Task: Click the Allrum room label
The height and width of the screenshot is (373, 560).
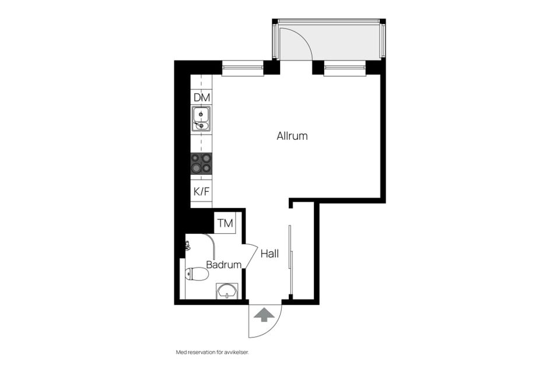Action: pyautogui.click(x=292, y=136)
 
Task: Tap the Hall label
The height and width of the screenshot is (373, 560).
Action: pyautogui.click(x=269, y=254)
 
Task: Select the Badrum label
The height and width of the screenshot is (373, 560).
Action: pyautogui.click(x=224, y=265)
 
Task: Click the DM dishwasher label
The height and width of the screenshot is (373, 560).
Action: pyautogui.click(x=202, y=97)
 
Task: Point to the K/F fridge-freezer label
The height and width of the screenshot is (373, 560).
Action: pyautogui.click(x=201, y=192)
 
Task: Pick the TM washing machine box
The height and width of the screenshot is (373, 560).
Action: pyautogui.click(x=225, y=223)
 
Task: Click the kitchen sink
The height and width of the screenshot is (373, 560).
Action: pyautogui.click(x=201, y=119)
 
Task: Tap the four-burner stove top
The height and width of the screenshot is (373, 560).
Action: pyautogui.click(x=201, y=163)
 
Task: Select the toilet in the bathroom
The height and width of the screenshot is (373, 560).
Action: pyautogui.click(x=197, y=274)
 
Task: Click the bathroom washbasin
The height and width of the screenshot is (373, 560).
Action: pyautogui.click(x=227, y=291)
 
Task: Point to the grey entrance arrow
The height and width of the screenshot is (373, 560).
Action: pyautogui.click(x=264, y=315)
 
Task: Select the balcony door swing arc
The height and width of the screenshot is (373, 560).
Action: pyautogui.click(x=302, y=38)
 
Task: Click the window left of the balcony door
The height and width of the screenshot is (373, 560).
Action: pyautogui.click(x=243, y=69)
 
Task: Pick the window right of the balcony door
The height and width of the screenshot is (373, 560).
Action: pyautogui.click(x=345, y=69)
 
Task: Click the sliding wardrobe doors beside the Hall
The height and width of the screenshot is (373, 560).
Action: pyautogui.click(x=290, y=247)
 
